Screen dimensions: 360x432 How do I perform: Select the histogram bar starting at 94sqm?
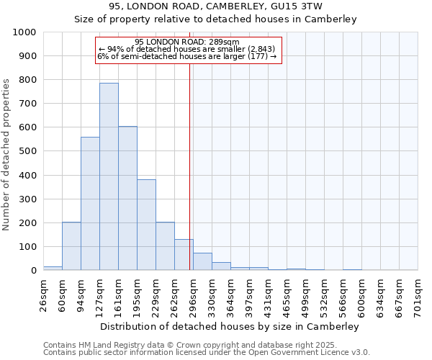click(x=90, y=204)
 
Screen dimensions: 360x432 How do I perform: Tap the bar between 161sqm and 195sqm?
click(x=127, y=198)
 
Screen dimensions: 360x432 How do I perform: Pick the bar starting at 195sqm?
click(x=146, y=225)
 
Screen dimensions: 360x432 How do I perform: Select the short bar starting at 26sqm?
click(x=53, y=268)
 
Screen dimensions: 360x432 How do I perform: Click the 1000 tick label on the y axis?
click(x=24, y=32)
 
